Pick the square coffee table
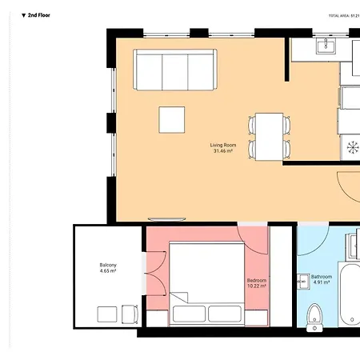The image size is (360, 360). tap(173, 120)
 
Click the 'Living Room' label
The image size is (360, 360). tap(222, 145)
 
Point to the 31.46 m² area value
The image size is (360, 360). tap(222, 151)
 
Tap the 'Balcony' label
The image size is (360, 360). tap(108, 265)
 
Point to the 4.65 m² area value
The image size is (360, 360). tap(108, 271)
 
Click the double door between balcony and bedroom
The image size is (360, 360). tap(146, 274)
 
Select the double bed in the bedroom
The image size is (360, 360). tap(206, 282)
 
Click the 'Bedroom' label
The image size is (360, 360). tap(256, 280)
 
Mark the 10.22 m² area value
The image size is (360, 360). tap(256, 286)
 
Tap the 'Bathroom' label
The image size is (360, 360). tap(322, 276)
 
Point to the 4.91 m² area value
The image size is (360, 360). tap(322, 282)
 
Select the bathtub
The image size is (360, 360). tap(350, 296)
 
